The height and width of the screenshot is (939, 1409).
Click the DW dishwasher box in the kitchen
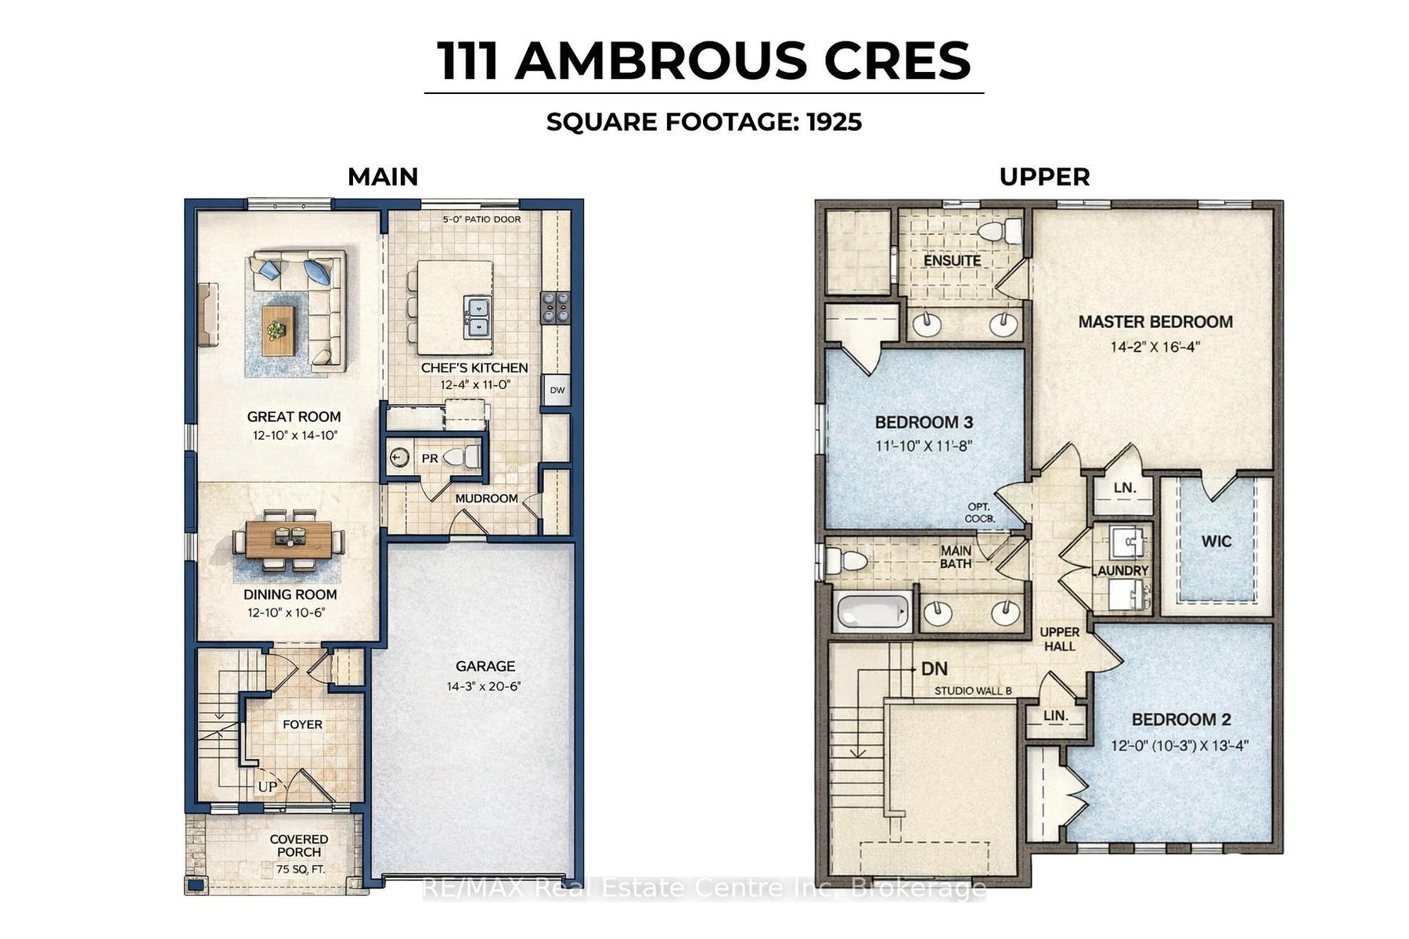click(x=557, y=390)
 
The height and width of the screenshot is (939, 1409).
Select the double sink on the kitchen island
click(x=477, y=317)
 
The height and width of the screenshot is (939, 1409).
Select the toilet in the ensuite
click(x=1001, y=232)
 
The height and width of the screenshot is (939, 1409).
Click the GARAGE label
click(x=485, y=666)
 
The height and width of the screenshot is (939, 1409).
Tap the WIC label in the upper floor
click(x=1216, y=541)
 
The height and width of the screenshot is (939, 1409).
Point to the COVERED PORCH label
click(x=299, y=845)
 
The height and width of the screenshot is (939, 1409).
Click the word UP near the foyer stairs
click(x=267, y=786)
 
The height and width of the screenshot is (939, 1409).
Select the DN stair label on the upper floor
click(x=934, y=668)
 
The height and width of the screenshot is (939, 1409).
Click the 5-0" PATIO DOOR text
click(x=481, y=219)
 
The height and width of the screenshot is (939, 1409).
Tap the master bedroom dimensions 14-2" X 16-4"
click(x=1155, y=346)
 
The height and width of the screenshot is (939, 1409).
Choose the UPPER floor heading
click(x=1044, y=177)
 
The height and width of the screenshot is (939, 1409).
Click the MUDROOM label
click(x=486, y=498)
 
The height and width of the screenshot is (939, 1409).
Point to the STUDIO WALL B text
click(x=973, y=691)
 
